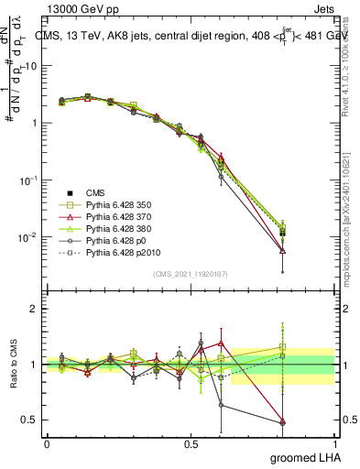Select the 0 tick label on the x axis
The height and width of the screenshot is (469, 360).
click(47, 443)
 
